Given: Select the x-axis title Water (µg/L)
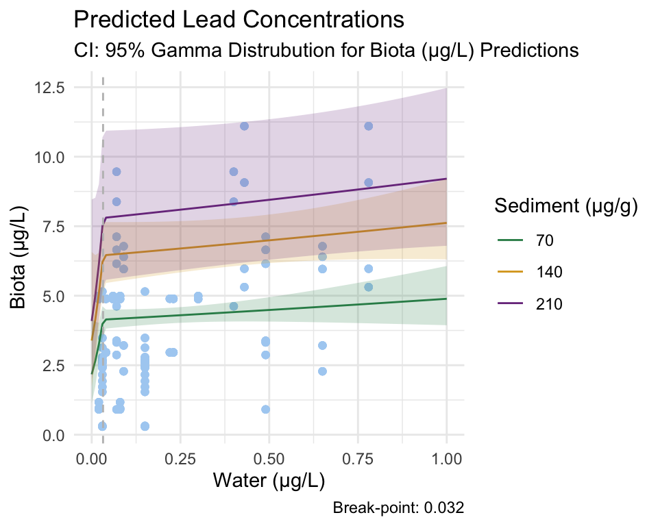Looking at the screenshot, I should coord(269,481).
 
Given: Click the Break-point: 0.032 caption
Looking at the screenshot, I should coord(398,508).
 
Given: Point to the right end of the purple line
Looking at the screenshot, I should coord(447,179).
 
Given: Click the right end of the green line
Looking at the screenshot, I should coord(447,299).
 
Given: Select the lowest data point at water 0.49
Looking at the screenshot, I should coord(265,410).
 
